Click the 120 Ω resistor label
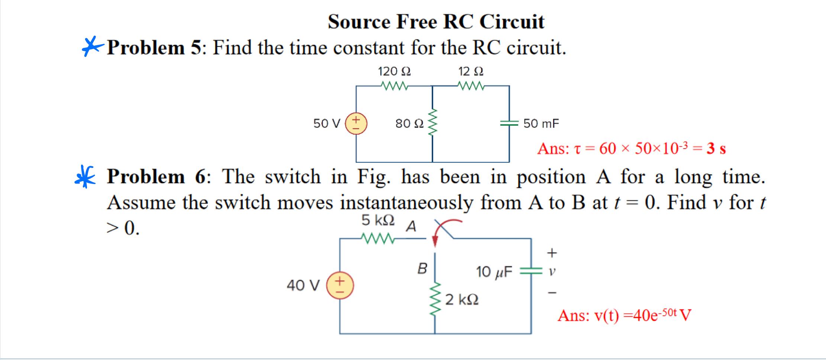coord(394,71)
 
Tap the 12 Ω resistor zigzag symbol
coord(471,86)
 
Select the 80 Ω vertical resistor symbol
coord(432,123)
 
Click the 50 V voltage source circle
coord(356,123)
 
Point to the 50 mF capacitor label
coord(541,123)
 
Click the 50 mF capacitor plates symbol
coord(509,123)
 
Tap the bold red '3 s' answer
coord(716,149)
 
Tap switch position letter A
coord(411,226)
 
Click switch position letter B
coord(422,268)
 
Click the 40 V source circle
coord(340,286)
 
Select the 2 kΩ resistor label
coord(462,299)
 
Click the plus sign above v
coord(552,253)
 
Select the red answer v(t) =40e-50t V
coord(624,315)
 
